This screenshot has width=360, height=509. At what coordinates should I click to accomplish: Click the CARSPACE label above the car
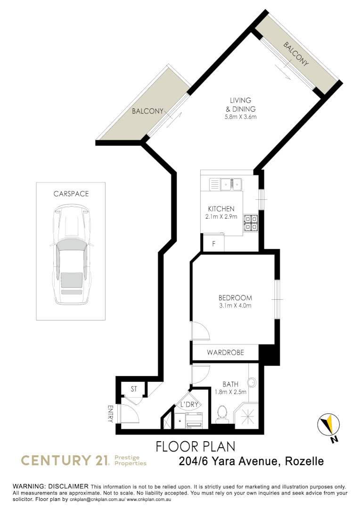(71, 194)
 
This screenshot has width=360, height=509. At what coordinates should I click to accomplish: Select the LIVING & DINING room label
(240, 105)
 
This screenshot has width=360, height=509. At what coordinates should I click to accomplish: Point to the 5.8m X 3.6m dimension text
(240, 117)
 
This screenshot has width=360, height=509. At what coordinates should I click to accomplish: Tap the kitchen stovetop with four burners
(250, 223)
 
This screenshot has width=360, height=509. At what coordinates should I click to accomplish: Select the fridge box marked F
(213, 244)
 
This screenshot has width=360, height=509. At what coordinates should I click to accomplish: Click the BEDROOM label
(235, 298)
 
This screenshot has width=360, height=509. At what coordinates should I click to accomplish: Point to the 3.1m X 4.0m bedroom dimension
(235, 306)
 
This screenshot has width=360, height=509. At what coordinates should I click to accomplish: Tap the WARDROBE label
(225, 352)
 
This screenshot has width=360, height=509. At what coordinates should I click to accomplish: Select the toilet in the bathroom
(221, 415)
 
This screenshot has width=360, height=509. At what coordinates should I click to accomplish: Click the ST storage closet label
(134, 389)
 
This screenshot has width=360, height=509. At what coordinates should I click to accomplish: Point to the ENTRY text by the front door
(110, 414)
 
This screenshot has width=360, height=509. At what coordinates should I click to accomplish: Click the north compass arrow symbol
(328, 426)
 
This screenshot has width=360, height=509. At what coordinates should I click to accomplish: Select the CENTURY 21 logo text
(64, 460)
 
